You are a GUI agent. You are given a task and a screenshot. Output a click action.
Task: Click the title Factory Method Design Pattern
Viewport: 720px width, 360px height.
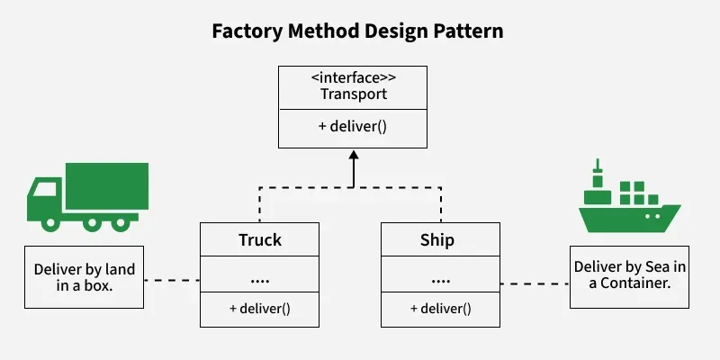(357, 31)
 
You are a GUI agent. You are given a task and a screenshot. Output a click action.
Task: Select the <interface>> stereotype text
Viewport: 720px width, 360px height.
(352, 76)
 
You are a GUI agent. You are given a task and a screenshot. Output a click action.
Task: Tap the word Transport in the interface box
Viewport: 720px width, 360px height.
(352, 94)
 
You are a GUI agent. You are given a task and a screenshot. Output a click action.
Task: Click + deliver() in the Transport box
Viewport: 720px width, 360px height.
(352, 126)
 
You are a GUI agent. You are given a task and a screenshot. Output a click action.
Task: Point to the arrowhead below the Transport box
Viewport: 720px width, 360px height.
(353, 156)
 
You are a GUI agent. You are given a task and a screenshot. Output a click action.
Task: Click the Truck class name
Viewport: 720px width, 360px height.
(260, 240)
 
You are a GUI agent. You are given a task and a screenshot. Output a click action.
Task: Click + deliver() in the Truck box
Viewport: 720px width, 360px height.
(260, 309)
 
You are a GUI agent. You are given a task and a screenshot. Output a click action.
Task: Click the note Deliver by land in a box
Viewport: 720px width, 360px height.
(84, 276)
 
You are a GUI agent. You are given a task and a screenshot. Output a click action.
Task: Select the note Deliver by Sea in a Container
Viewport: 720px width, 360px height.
(629, 276)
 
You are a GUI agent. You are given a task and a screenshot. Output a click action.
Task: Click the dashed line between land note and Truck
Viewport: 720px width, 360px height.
(172, 281)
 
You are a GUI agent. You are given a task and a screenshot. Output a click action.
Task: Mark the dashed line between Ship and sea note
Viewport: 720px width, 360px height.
(535, 283)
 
